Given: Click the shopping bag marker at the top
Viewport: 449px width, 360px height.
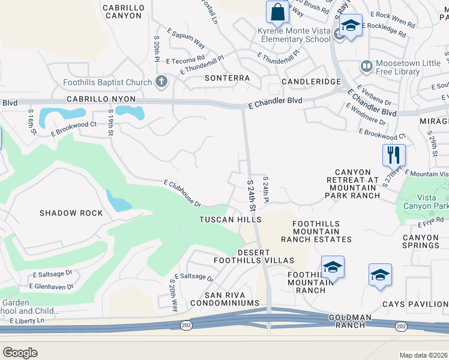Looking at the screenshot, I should point(277,11).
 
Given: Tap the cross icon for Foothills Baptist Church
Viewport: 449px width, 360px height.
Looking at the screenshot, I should point(161,81).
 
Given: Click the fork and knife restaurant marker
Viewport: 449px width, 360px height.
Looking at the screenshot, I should point(394,155).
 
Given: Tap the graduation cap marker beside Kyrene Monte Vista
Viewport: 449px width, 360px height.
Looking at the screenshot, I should point(351,26).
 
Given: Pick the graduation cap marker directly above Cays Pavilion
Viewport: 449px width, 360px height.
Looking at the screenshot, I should point(380,275).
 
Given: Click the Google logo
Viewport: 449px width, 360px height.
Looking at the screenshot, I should point(20,352).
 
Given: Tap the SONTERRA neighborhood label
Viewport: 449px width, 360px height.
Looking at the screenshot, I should point(227,78).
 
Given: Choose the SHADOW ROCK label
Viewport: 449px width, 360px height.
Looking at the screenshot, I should point(71,213).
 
